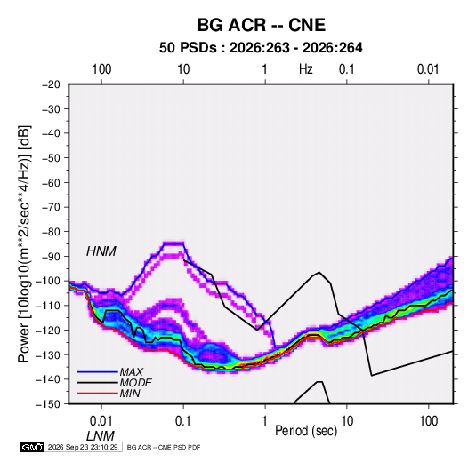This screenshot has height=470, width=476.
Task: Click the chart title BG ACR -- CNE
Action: (x=262, y=25)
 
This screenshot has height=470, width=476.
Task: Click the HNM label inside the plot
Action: (x=101, y=251)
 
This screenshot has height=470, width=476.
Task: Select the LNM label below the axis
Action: (x=101, y=436)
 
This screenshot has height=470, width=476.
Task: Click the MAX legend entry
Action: (x=131, y=372)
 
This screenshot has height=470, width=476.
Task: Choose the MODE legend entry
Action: (x=136, y=383)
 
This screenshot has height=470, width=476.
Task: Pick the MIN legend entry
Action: (x=130, y=394)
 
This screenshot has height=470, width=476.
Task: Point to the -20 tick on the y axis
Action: (x=51, y=84)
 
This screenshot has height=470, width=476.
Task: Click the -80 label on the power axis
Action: (x=51, y=232)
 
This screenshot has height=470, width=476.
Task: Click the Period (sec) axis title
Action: (x=306, y=431)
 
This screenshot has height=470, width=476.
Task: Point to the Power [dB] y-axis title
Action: (x=24, y=243)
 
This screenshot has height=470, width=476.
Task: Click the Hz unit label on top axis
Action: (x=306, y=69)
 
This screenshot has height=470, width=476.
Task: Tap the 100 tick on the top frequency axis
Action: (x=101, y=69)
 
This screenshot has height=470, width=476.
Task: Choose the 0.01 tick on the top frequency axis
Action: (x=428, y=69)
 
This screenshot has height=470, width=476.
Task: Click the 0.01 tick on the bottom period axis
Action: (x=101, y=421)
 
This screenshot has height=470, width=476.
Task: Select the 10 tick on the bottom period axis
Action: (x=347, y=421)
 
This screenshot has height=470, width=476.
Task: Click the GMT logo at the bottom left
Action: (x=33, y=447)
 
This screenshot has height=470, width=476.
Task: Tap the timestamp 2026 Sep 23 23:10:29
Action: (x=83, y=447)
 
